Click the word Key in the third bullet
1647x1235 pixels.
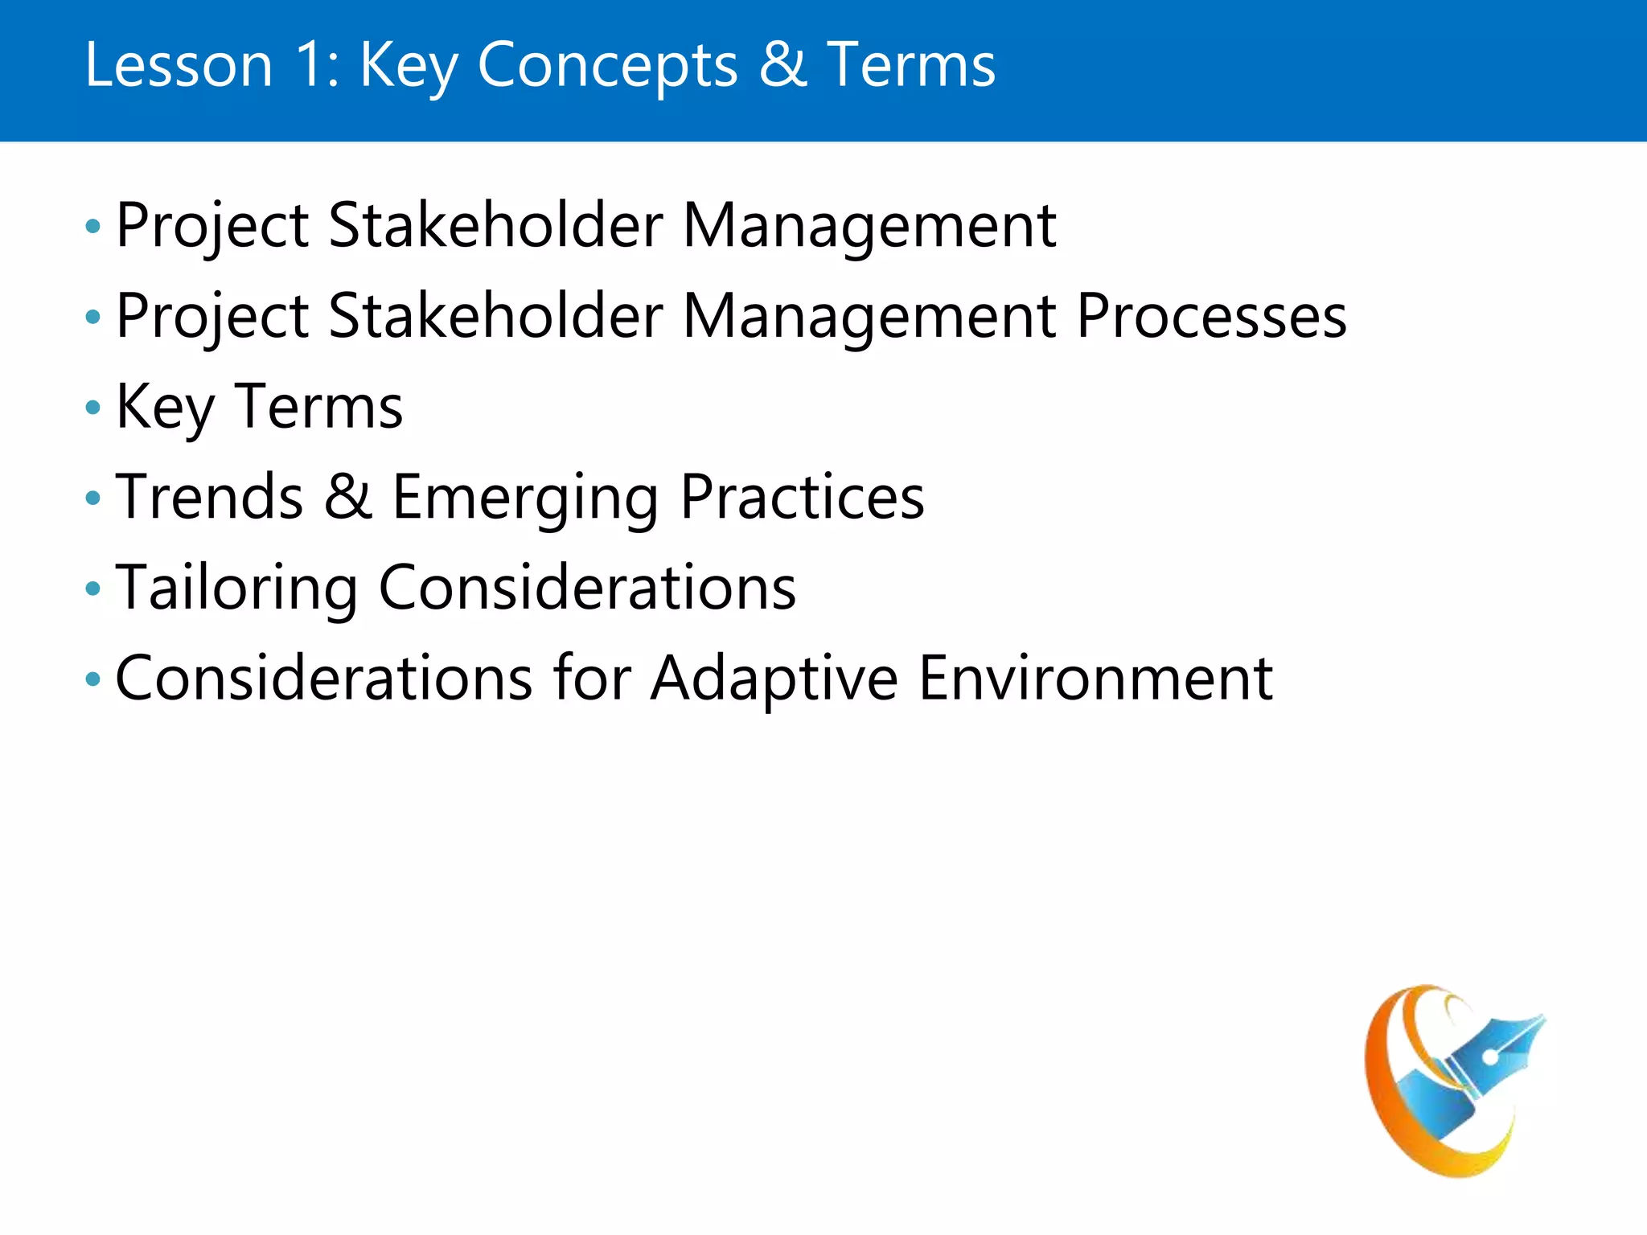(x=165, y=408)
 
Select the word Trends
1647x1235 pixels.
(x=209, y=497)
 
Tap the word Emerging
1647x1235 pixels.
(x=525, y=499)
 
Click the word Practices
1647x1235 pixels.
(x=802, y=497)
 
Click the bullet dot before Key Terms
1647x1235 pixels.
(x=93, y=408)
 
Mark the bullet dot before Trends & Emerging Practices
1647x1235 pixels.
(x=93, y=499)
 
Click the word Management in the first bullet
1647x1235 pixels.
(x=869, y=226)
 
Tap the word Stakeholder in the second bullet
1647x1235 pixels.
(x=495, y=316)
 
